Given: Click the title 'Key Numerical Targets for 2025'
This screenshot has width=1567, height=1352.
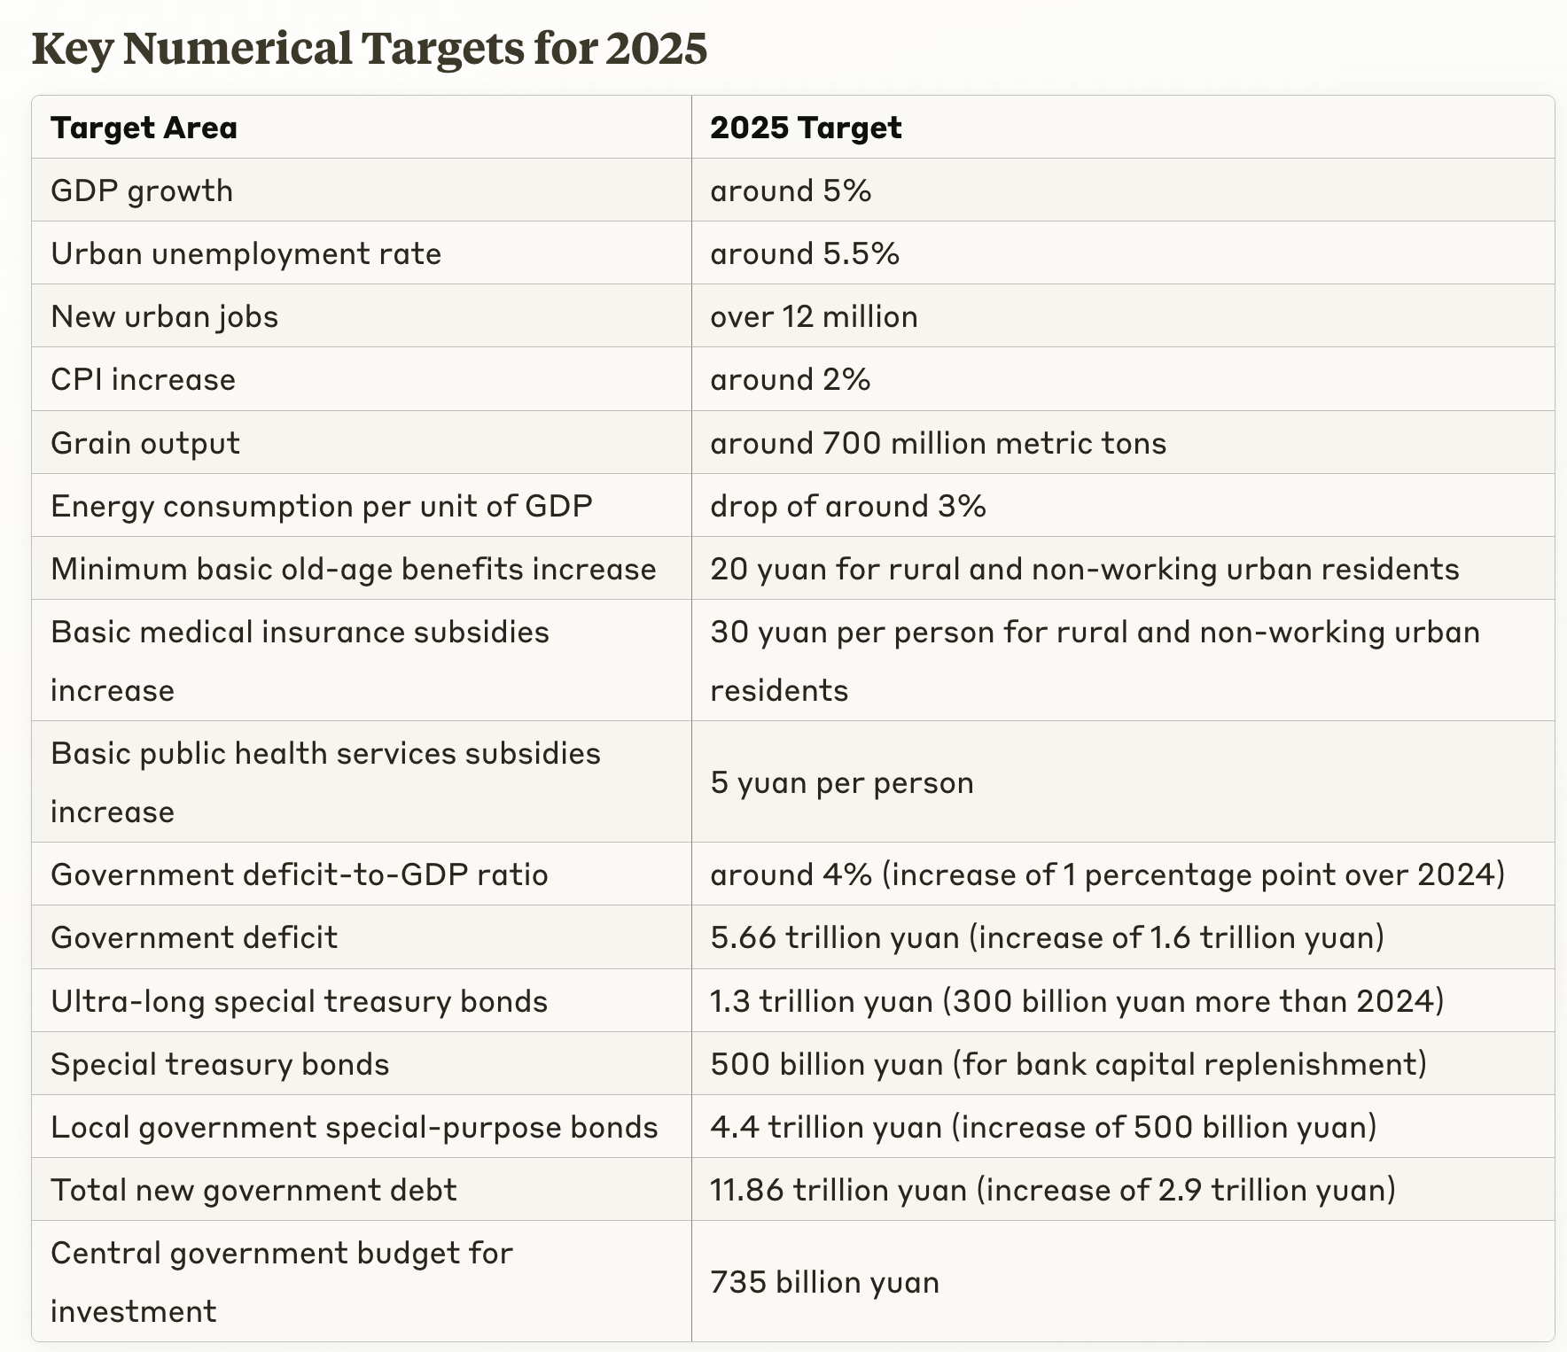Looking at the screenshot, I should coord(369,48).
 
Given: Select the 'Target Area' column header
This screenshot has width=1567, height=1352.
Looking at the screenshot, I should coord(144,128).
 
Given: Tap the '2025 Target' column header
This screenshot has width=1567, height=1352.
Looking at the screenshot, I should coord(805,128).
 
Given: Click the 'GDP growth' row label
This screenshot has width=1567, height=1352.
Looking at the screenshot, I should coord(142,190).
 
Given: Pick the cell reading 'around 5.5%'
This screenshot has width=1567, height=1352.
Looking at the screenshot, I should coord(804,253).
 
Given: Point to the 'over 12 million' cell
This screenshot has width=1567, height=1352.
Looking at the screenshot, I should coord(813,316).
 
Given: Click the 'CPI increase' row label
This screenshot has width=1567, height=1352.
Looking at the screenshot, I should coord(143,379).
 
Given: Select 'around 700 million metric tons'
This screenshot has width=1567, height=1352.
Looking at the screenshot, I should coord(938,442).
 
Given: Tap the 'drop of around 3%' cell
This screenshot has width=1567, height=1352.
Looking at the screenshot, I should coord(847,506).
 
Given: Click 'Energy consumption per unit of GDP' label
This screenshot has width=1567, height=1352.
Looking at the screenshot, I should coord(321,506).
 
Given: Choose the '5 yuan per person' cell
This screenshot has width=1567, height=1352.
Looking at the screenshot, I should coord(841,782).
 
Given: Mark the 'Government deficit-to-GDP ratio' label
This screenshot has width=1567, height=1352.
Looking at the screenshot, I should coord(299,874).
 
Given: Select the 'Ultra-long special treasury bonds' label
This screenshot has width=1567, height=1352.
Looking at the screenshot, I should coord(299,1001).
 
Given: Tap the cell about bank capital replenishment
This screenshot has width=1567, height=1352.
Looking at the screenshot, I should coord(1068,1063).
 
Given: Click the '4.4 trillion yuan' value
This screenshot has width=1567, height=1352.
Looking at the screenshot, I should coord(825,1127).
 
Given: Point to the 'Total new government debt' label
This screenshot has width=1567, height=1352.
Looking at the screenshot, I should coord(253,1189).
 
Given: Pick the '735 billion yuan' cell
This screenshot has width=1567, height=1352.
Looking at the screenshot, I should coord(824,1282).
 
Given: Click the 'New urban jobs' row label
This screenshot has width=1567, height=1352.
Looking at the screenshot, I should coord(164,316).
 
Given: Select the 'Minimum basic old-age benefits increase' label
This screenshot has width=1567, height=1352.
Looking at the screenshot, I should coord(353,569).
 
